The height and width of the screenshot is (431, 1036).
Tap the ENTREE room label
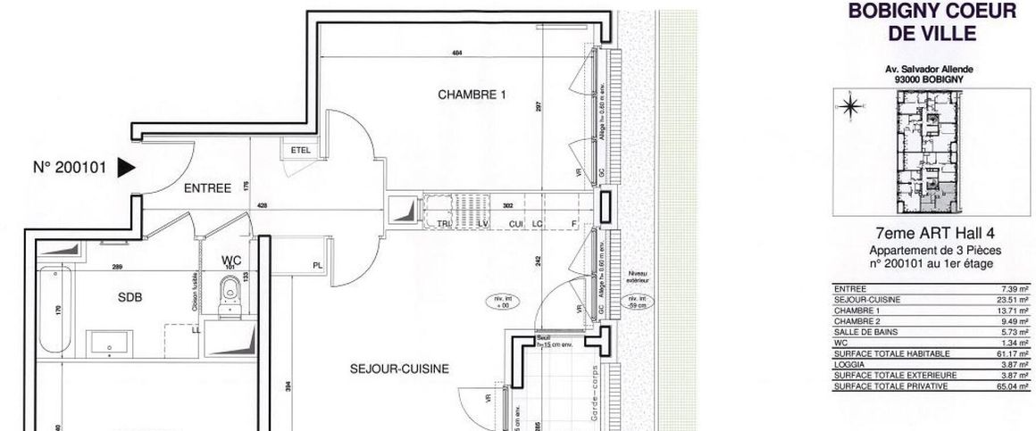(x=207, y=188)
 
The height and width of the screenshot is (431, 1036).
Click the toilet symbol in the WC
(x=230, y=293)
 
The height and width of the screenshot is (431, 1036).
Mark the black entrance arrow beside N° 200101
(x=126, y=166)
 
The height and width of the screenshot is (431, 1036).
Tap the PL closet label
(x=318, y=265)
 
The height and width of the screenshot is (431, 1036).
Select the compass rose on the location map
(x=849, y=107)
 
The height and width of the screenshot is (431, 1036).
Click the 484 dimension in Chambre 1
(x=457, y=54)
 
